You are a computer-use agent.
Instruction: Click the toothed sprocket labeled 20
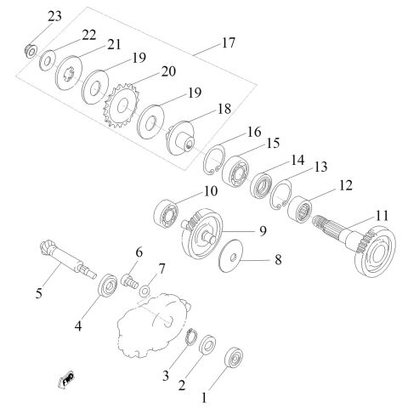tap(122, 105)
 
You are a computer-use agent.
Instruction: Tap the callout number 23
tap(54, 16)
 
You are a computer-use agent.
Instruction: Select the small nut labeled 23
tap(30, 51)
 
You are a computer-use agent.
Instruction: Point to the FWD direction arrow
tap(66, 379)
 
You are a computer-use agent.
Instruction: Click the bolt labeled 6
tap(130, 280)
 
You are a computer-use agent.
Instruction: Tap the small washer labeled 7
tap(145, 291)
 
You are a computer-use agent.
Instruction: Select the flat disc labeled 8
tap(231, 256)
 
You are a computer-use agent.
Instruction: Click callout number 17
tap(229, 43)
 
